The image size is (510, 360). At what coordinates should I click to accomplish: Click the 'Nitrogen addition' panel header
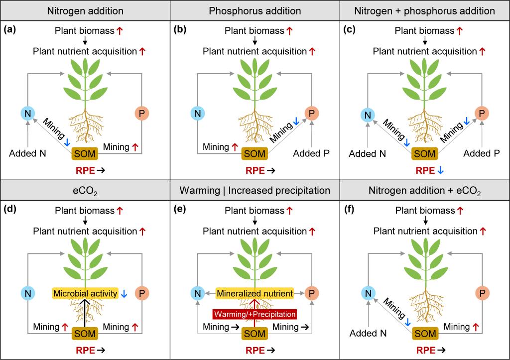(85, 10)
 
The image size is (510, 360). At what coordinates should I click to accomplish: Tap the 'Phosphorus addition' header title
(255, 10)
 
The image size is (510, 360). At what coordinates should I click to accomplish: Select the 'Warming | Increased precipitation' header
(255, 190)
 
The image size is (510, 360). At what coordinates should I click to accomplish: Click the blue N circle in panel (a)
(28, 114)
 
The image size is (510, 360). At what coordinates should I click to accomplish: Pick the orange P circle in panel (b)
(311, 114)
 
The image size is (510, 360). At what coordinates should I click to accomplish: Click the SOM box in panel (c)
(425, 154)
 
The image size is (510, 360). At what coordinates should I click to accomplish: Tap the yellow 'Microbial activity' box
(85, 294)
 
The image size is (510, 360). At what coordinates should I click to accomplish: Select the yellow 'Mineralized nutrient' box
(255, 294)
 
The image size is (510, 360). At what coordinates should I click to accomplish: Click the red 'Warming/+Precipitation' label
(255, 314)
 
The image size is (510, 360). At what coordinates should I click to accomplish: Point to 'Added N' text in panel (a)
(28, 153)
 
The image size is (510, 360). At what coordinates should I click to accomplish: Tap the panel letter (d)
(10, 210)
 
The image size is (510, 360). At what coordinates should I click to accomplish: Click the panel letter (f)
(350, 210)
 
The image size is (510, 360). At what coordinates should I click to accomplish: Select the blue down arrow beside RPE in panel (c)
(441, 170)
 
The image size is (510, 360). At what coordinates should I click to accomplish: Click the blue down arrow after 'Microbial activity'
(124, 294)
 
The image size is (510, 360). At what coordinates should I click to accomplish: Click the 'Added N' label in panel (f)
(368, 333)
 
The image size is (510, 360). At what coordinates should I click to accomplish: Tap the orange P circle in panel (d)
(141, 294)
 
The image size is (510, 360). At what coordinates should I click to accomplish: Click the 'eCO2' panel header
(85, 190)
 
